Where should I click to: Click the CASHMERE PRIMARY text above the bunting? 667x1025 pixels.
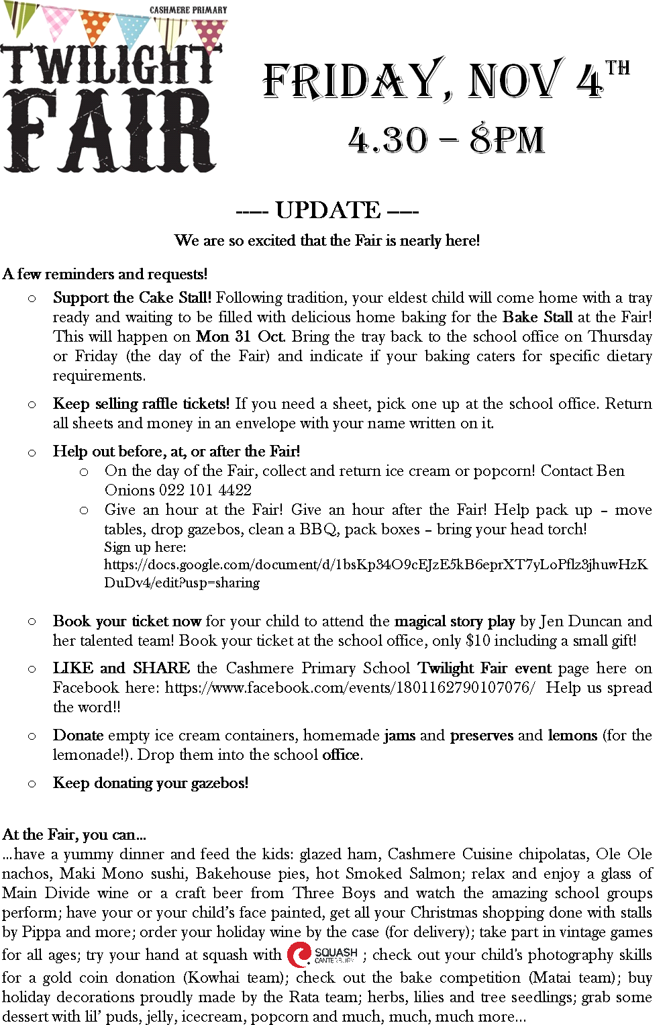[188, 10]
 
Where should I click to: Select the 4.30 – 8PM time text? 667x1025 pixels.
[446, 140]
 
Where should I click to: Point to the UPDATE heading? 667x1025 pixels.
[327, 210]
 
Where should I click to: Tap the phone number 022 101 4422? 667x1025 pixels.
[205, 490]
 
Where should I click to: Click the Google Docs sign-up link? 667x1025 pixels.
[376, 573]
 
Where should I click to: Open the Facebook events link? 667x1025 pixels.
[350, 687]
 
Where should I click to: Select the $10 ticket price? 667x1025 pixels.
[478, 640]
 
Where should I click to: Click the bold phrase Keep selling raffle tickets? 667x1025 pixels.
[142, 403]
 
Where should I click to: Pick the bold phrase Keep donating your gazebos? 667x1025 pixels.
[150, 783]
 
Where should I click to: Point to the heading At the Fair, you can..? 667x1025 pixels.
[74, 834]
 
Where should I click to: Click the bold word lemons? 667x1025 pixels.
[572, 735]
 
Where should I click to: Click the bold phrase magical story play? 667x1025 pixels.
[454, 621]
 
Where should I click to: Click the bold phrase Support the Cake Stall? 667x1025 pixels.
[132, 297]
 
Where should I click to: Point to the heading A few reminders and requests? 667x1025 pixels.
[105, 274]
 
